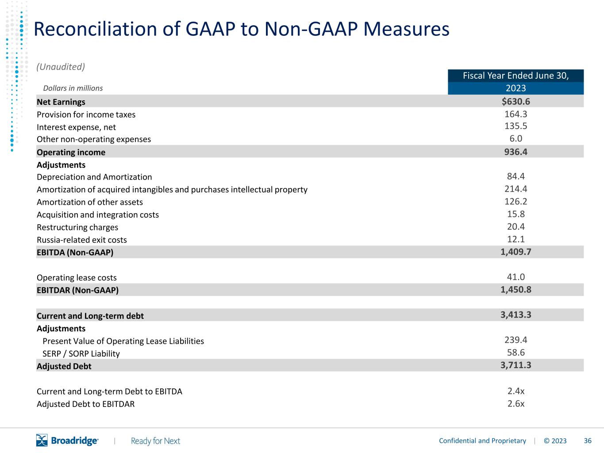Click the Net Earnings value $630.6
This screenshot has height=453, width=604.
(516, 101)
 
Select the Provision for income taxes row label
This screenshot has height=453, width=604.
(86, 115)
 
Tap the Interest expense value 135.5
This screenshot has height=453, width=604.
(516, 126)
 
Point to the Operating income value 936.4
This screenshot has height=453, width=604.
(516, 152)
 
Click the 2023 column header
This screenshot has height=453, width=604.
(516, 88)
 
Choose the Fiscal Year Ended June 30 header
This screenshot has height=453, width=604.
(516, 75)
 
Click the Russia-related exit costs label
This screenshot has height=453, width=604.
(82, 240)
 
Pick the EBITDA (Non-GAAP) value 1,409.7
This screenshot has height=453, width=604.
(516, 252)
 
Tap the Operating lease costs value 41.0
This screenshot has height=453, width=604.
(516, 276)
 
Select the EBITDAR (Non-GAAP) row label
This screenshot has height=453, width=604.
(77, 290)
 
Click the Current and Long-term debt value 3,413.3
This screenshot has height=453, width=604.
(516, 315)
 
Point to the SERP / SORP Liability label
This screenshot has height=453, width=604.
(81, 354)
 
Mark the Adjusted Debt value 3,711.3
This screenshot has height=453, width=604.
(516, 365)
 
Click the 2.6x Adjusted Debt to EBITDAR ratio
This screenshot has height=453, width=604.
(516, 404)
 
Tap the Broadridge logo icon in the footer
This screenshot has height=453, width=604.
(42, 440)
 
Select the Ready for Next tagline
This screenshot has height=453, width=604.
(155, 441)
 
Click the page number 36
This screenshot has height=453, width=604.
(588, 441)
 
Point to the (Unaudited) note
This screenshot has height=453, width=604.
(61, 67)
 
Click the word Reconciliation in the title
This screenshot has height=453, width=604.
(95, 29)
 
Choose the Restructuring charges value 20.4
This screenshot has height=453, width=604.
(516, 226)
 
